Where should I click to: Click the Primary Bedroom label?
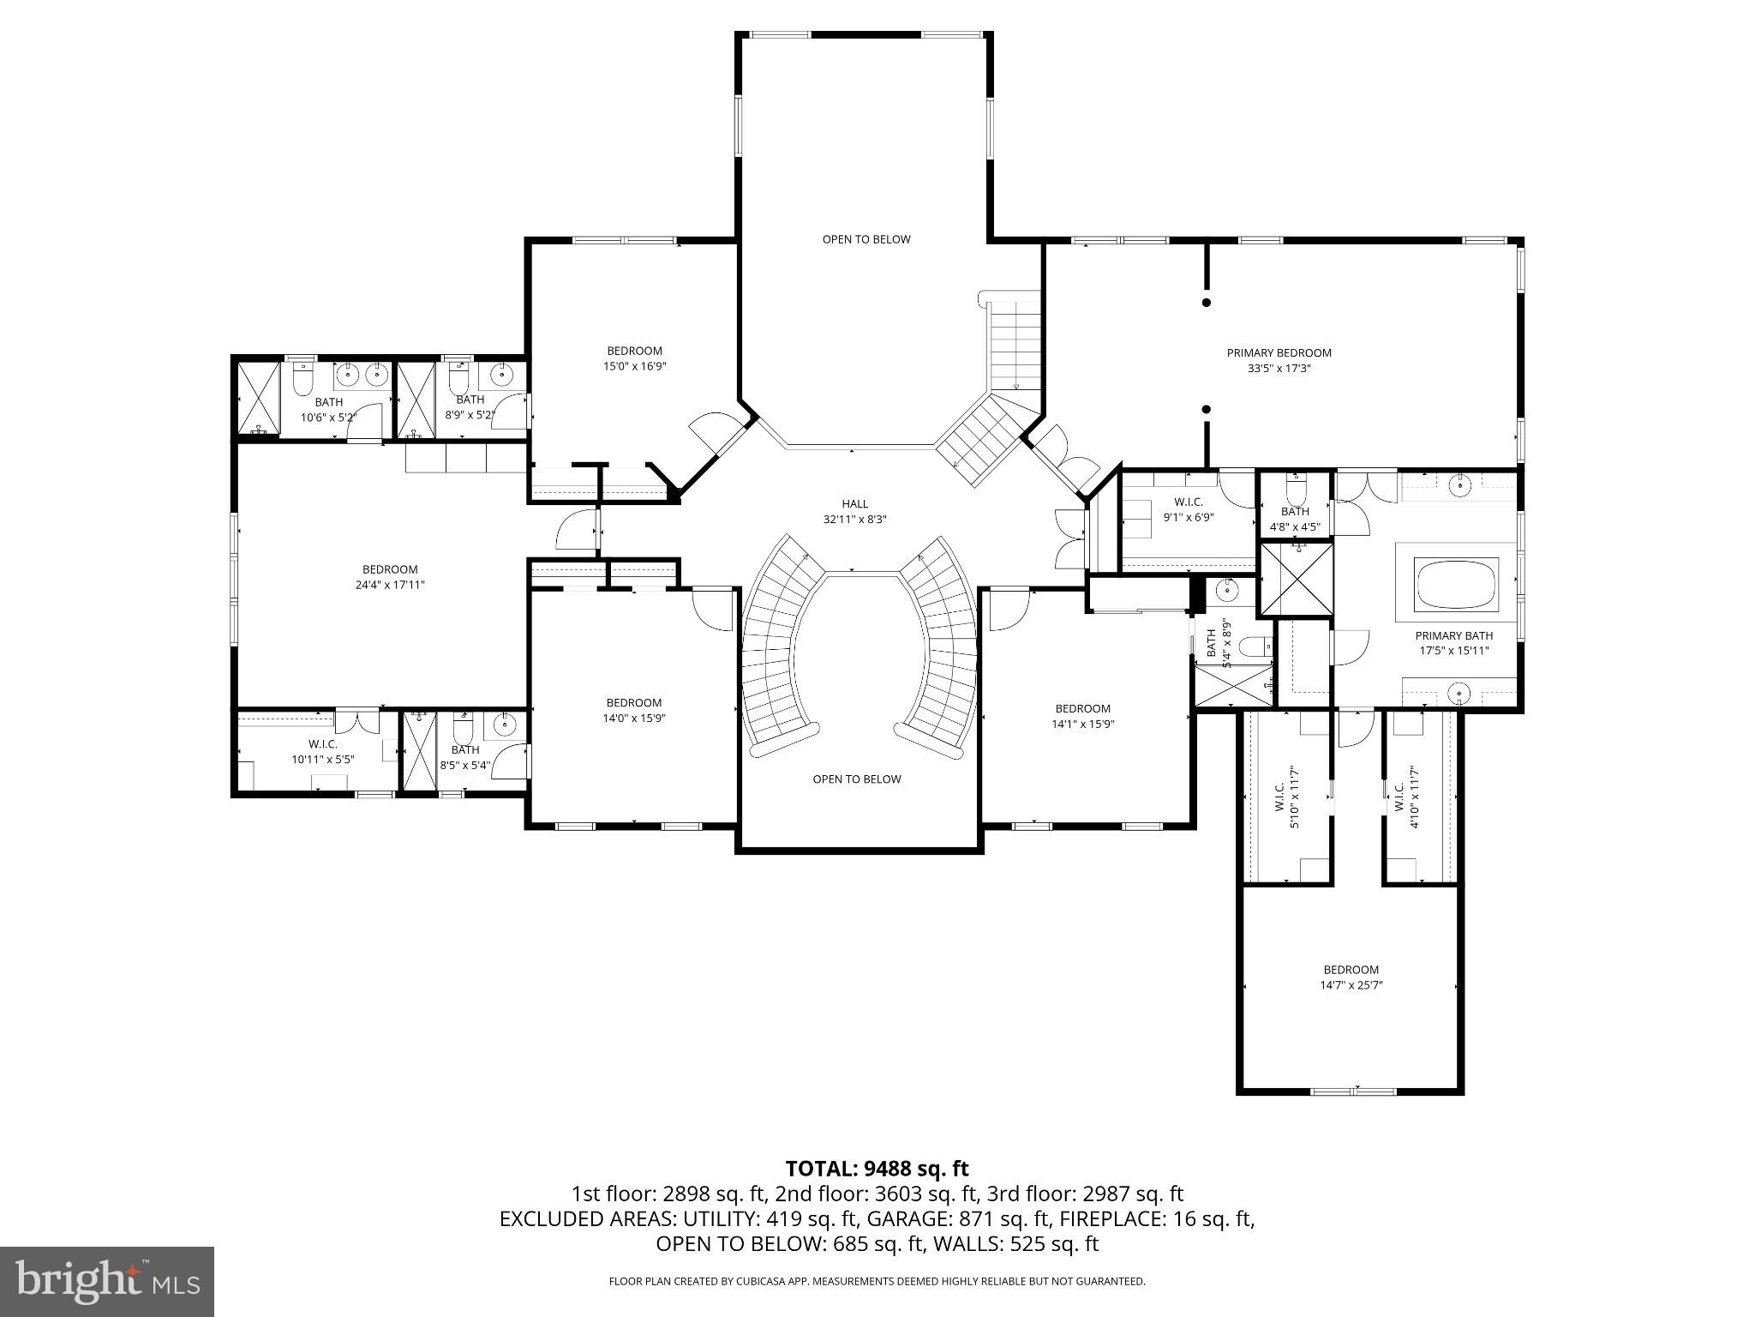pyautogui.click(x=1279, y=352)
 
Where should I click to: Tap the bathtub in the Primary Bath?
pyautogui.click(x=1458, y=584)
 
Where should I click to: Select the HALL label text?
pyautogui.click(x=854, y=504)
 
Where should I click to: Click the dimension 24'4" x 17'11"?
pyautogui.click(x=390, y=585)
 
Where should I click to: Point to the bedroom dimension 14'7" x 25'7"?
pyautogui.click(x=1351, y=985)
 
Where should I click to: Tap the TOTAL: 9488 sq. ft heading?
pyautogui.click(x=877, y=1168)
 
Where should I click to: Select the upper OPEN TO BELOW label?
pyautogui.click(x=866, y=239)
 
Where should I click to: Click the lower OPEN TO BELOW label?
pyautogui.click(x=857, y=779)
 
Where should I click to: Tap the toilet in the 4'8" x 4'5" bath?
pyautogui.click(x=1295, y=490)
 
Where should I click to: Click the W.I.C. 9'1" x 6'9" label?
pyautogui.click(x=1189, y=509)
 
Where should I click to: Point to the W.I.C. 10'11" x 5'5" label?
pyautogui.click(x=323, y=752)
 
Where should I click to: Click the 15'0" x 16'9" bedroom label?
pyautogui.click(x=634, y=358)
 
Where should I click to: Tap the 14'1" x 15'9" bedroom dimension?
pyautogui.click(x=1082, y=724)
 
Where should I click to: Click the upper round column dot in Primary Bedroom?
pyautogui.click(x=1207, y=303)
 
